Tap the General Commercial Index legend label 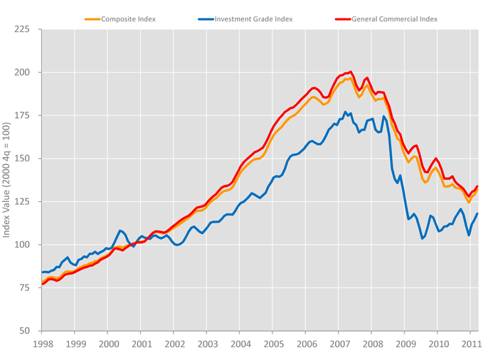(x=394, y=18)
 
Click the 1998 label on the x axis (x=41, y=344)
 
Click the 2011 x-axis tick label (x=470, y=344)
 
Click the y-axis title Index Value (x=8, y=181)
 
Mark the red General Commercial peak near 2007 (x=351, y=72)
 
